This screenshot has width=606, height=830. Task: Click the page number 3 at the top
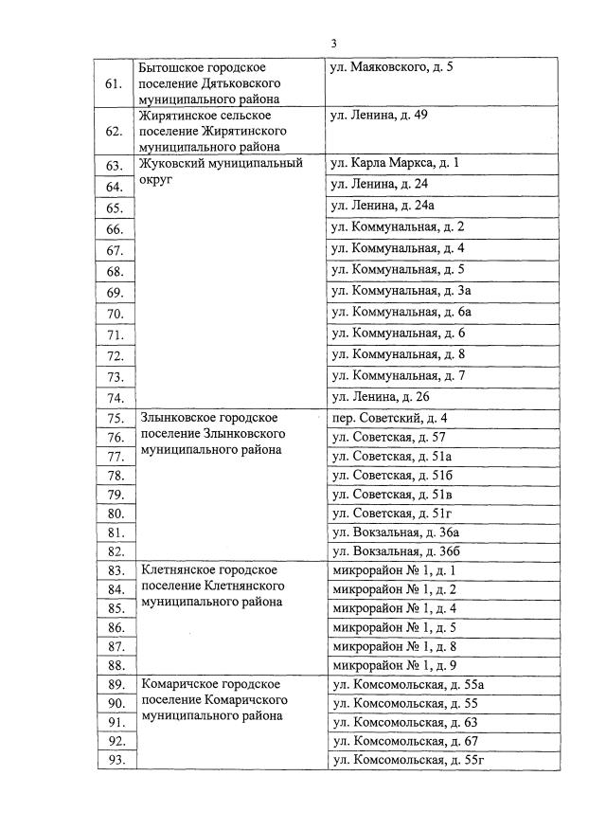click(334, 44)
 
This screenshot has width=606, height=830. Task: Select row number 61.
click(114, 84)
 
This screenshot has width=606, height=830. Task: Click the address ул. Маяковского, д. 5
click(391, 68)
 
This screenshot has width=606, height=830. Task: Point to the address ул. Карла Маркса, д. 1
click(394, 163)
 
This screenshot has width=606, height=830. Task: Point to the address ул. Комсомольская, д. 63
click(406, 722)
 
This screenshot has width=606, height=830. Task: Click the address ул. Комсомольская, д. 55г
click(408, 760)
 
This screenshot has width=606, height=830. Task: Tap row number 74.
click(116, 398)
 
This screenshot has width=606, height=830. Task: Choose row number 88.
click(116, 666)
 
